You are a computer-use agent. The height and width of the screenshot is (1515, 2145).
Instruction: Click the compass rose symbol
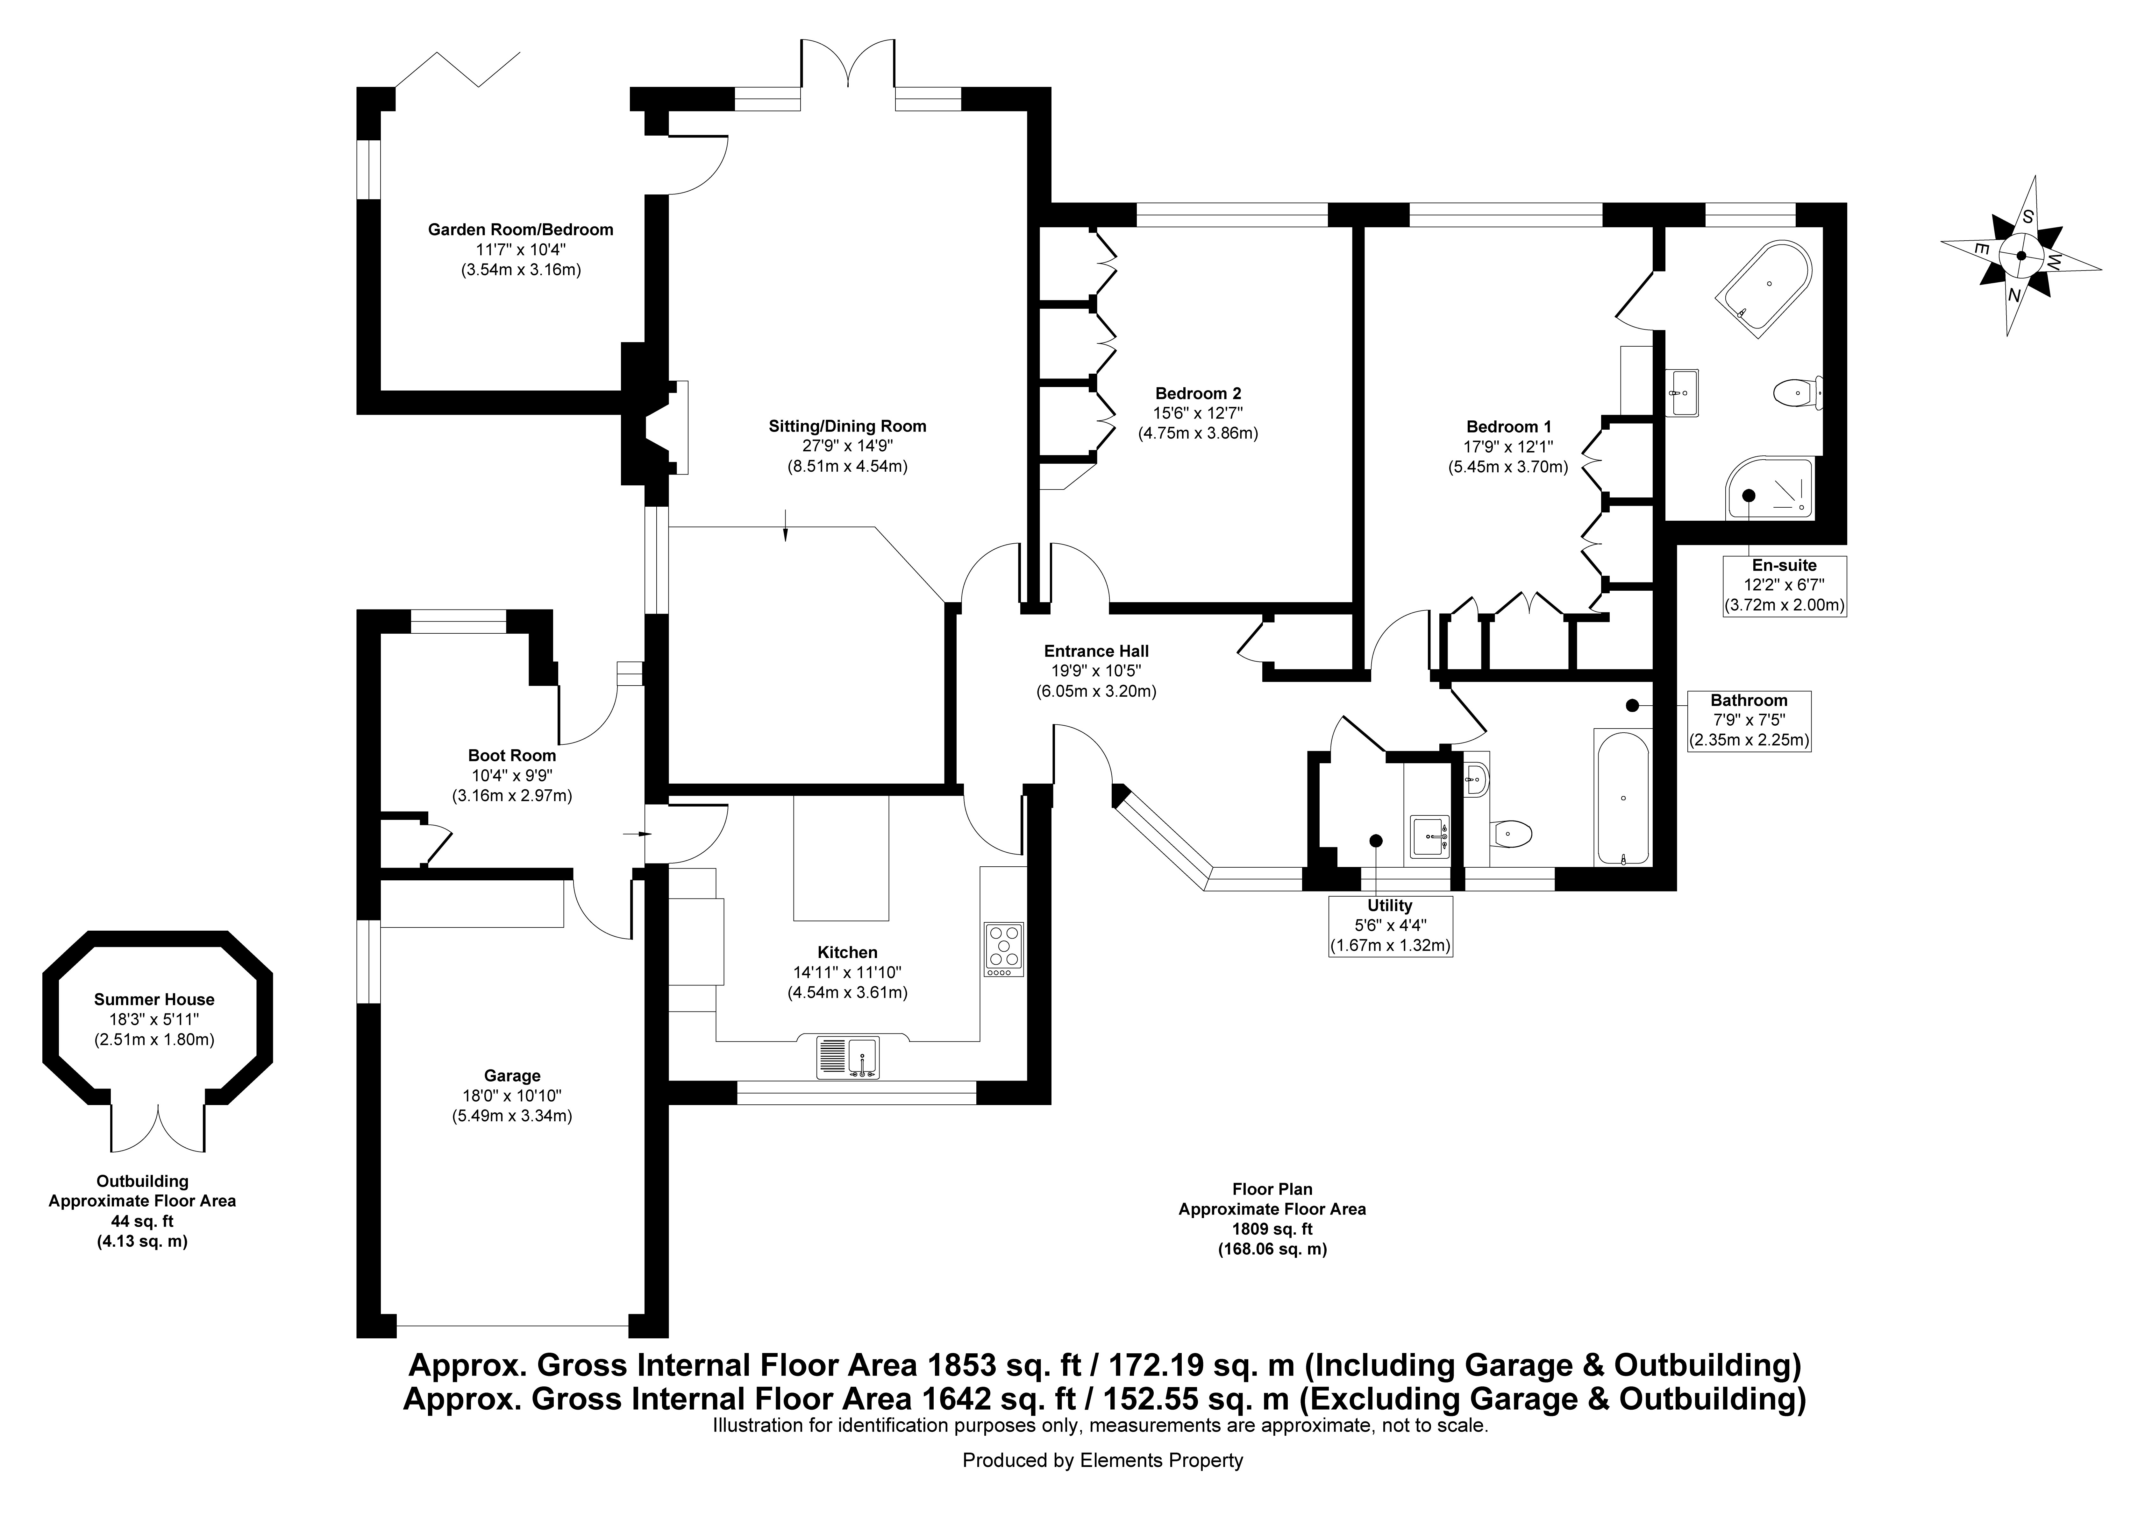click(2021, 256)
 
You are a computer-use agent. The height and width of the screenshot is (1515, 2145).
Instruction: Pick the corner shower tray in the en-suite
click(1769, 488)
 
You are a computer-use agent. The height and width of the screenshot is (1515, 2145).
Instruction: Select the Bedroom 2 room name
click(1198, 393)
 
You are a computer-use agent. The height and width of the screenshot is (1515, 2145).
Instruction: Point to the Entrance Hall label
click(1096, 651)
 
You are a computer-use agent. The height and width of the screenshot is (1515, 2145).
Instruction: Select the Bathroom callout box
click(1749, 720)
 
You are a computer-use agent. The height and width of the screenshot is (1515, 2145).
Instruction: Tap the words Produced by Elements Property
click(1102, 1460)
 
